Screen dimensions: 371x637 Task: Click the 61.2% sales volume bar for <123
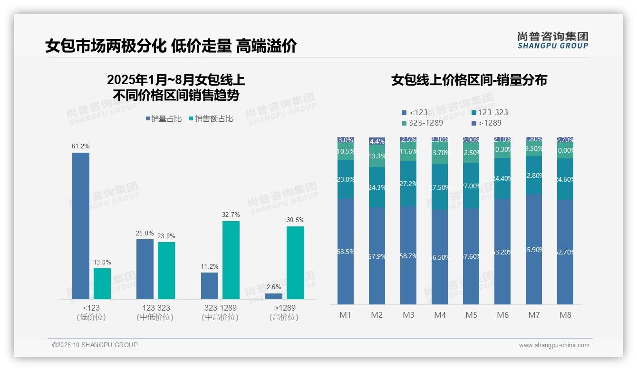(x=81, y=226)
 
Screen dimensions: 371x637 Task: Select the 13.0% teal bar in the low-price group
(x=102, y=284)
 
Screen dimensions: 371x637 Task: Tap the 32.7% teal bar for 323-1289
(x=231, y=260)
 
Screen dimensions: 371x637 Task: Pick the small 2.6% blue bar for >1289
(x=274, y=296)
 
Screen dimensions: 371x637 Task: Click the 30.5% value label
(x=296, y=220)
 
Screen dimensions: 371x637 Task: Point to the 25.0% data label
(x=145, y=233)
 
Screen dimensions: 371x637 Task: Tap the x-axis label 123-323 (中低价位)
(x=155, y=312)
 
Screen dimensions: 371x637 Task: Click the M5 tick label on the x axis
(x=471, y=315)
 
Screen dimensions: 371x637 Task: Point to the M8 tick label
(x=565, y=315)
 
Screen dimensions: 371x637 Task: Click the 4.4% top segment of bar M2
(x=377, y=141)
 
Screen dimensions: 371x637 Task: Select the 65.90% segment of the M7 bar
(x=534, y=249)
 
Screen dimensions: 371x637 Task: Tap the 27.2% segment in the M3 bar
(x=408, y=184)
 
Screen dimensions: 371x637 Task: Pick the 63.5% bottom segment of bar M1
(x=346, y=251)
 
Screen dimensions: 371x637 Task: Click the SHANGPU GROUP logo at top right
(x=553, y=40)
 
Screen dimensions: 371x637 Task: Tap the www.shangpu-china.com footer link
(x=554, y=345)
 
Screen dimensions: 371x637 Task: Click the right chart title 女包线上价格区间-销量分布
(x=469, y=80)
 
